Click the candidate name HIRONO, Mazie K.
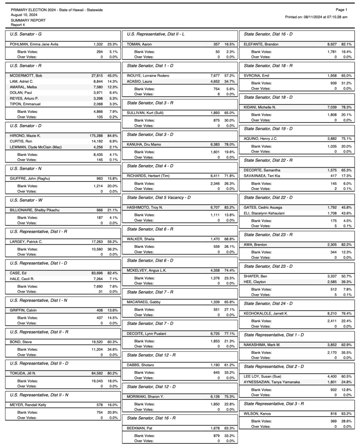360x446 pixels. [x=23, y=135]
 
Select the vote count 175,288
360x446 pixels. [x=95, y=135]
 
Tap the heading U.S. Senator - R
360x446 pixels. [x=26, y=64]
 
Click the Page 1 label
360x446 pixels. [x=342, y=10]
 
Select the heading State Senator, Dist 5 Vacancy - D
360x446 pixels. [x=159, y=197]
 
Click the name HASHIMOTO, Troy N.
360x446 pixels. [x=145, y=207]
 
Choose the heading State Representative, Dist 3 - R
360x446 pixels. [x=274, y=404]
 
